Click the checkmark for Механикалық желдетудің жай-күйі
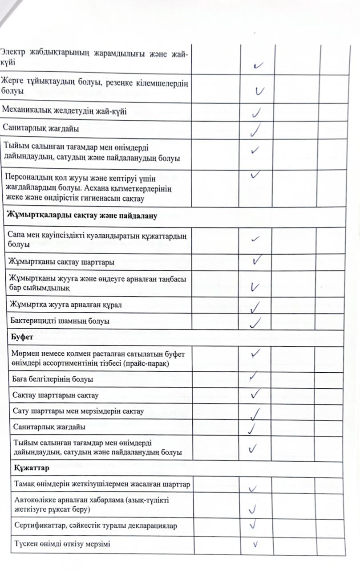(256, 111)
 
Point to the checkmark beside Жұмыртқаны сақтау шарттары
(256, 260)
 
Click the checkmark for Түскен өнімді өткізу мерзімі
(256, 544)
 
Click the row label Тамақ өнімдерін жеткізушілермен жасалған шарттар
(99, 485)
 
